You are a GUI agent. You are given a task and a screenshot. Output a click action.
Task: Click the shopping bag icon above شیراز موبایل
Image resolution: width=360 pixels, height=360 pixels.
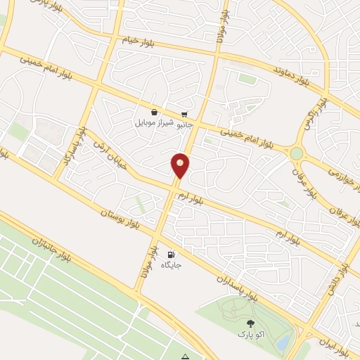154,112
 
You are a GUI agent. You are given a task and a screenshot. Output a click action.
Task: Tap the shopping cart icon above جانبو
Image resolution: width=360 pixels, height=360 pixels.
184,114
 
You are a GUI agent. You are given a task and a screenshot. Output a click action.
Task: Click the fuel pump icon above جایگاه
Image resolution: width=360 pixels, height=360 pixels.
172,254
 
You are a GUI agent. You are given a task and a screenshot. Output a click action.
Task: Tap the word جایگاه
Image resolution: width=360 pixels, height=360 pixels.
172,265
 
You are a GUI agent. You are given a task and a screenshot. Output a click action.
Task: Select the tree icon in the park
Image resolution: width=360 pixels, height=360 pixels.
251,322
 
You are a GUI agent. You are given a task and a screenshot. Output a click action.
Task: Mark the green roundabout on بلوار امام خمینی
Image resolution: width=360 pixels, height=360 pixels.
297,153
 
